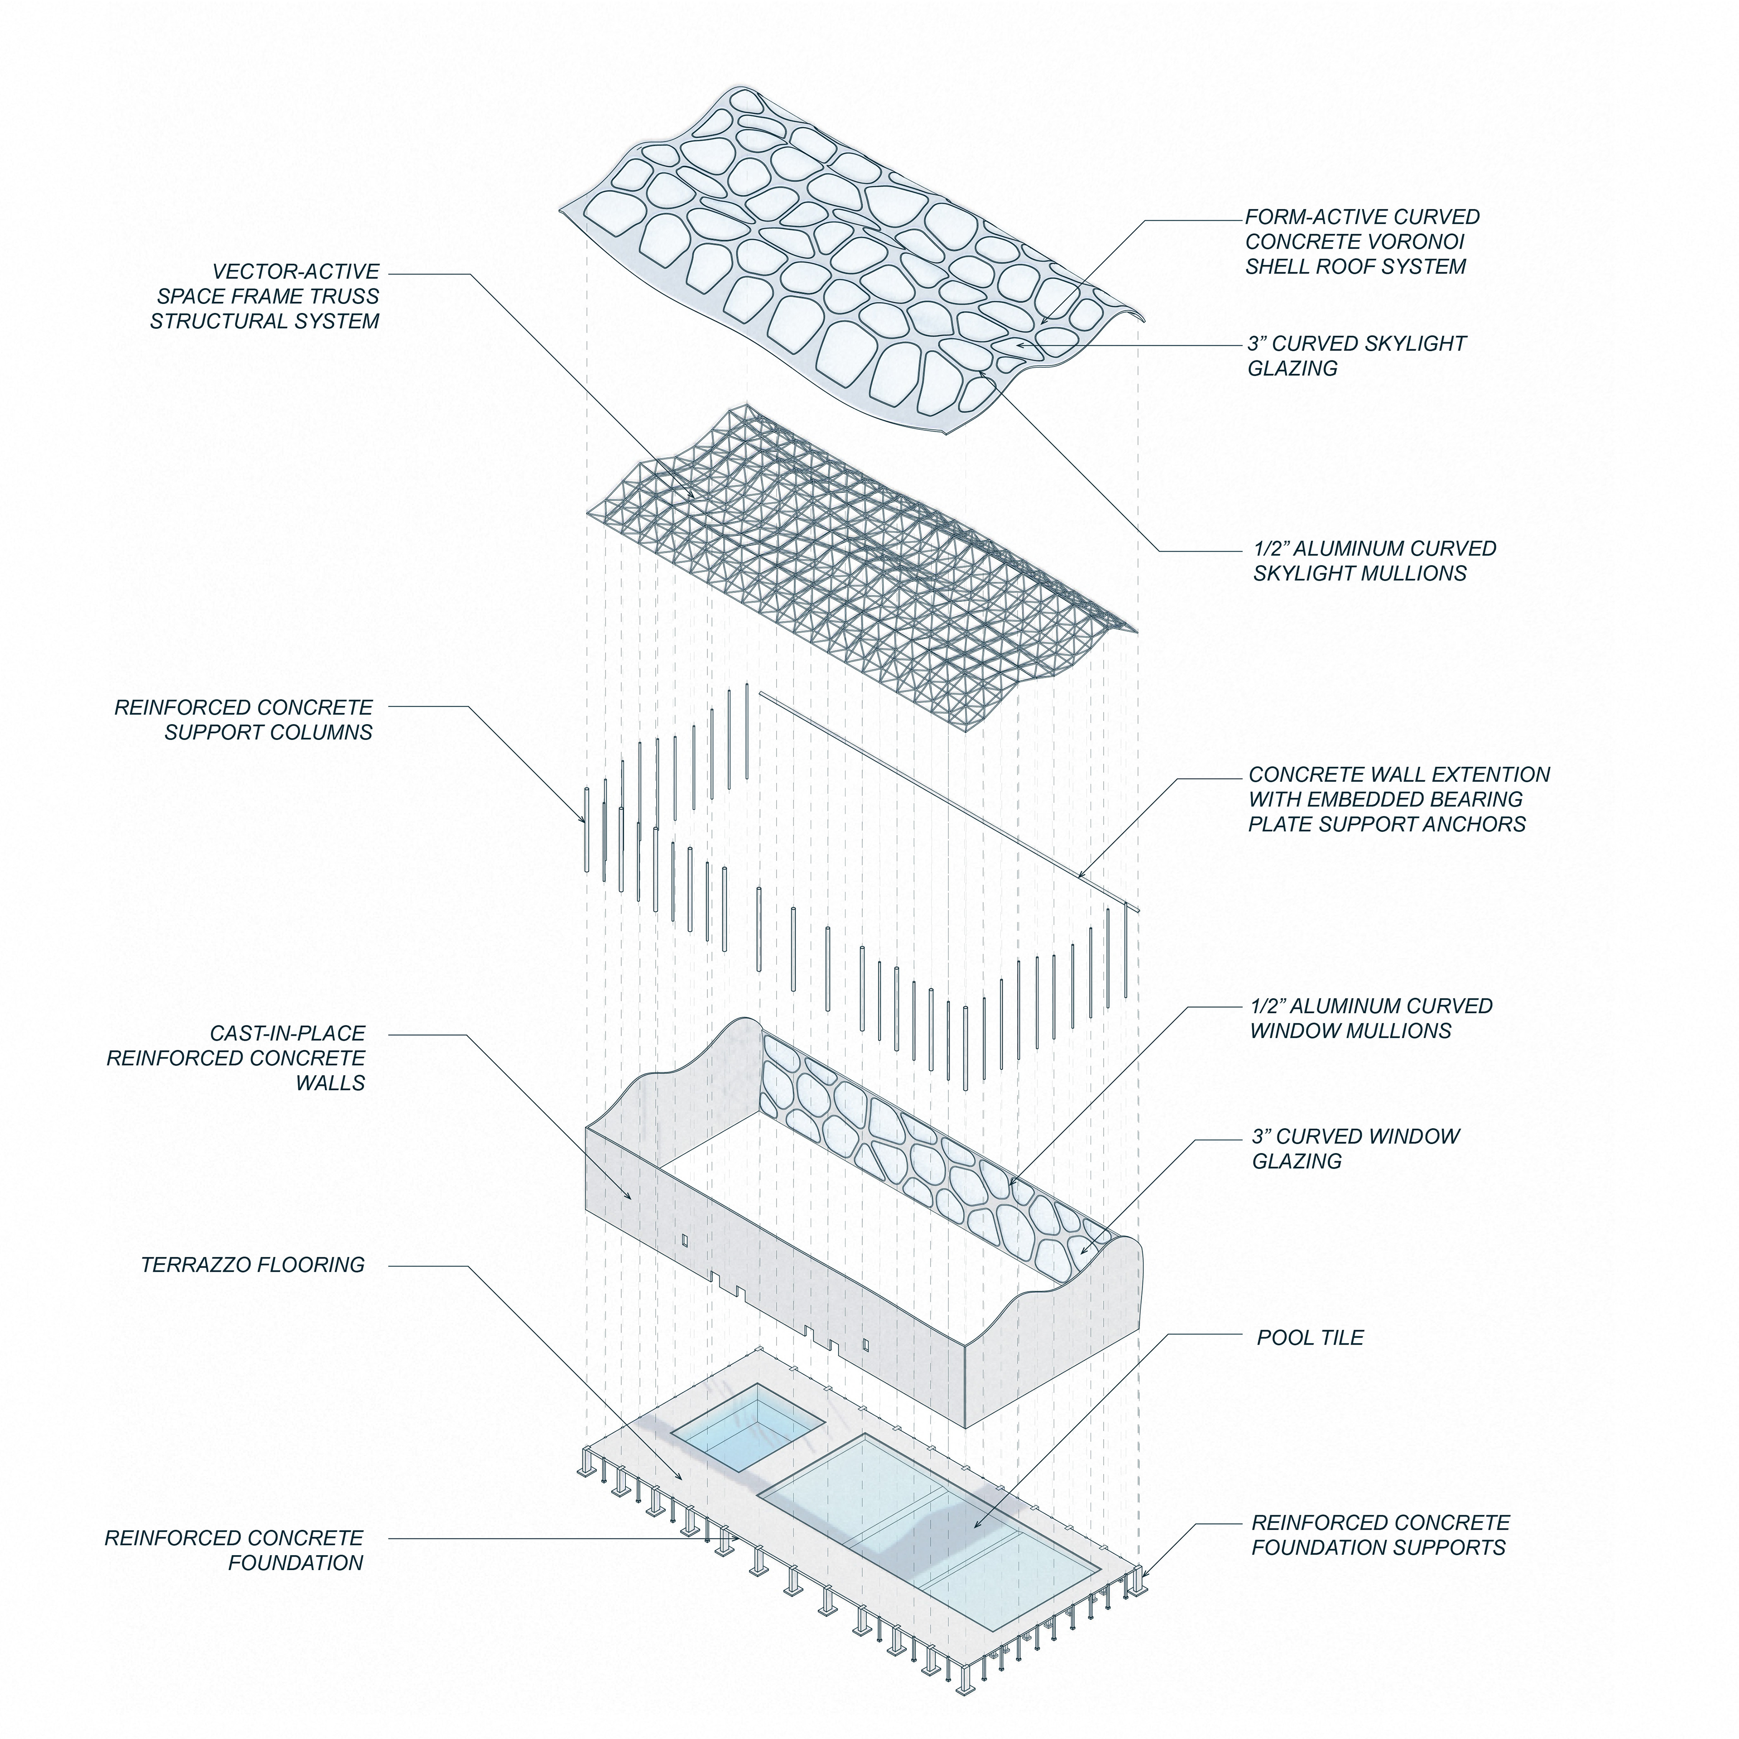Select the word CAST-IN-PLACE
point(287,1033)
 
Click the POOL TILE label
point(1310,1338)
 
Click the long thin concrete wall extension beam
point(945,801)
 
